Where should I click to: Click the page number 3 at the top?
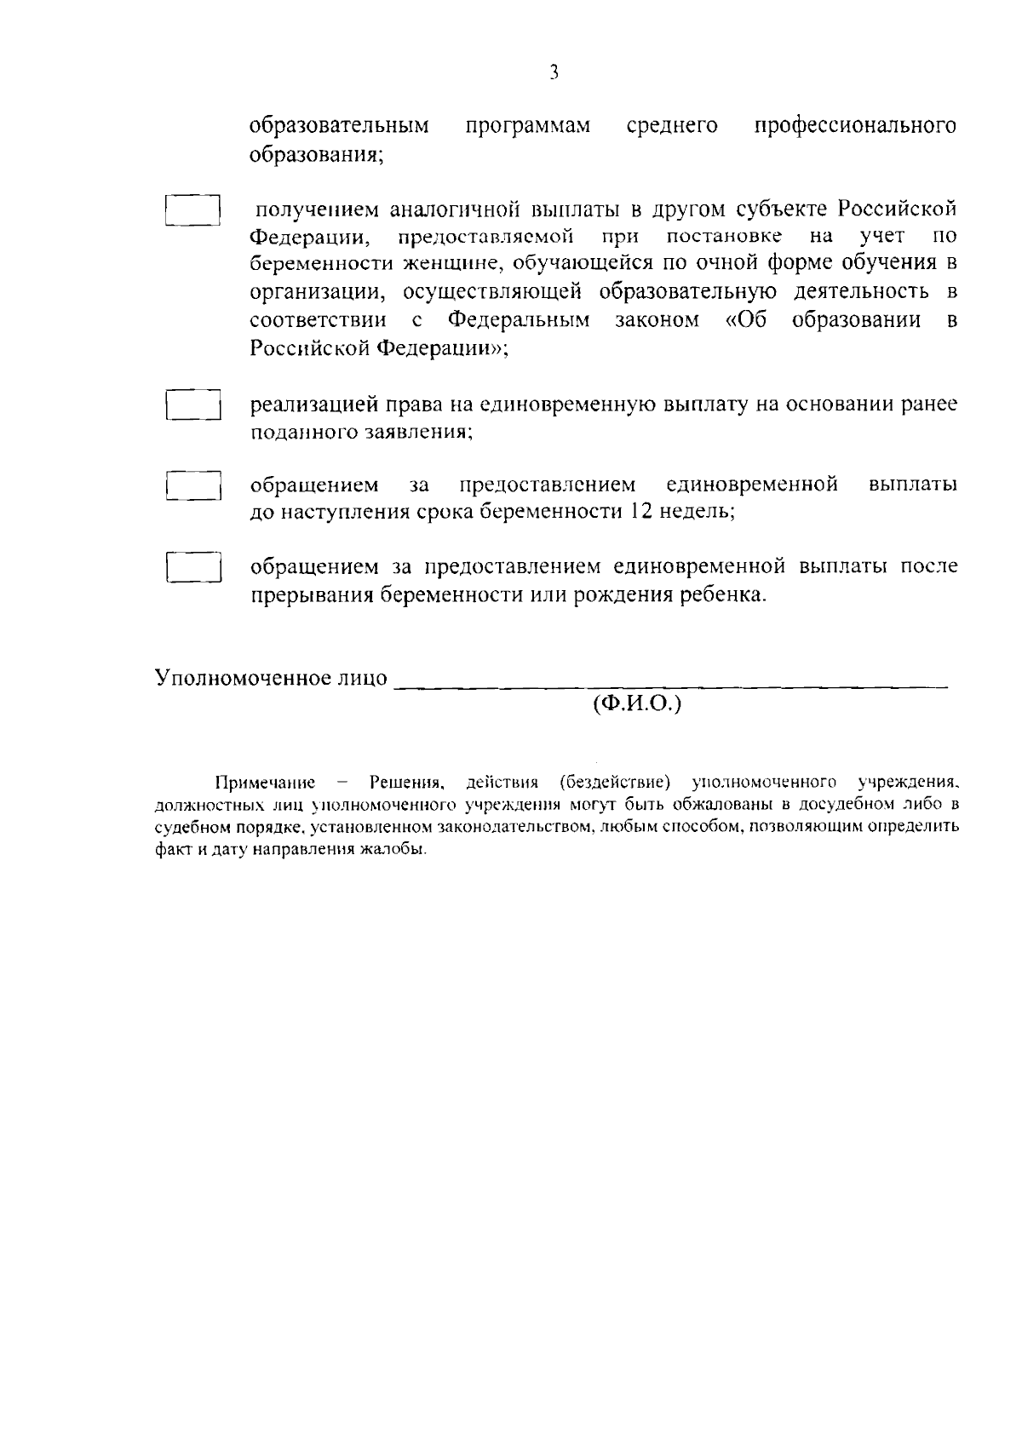coord(554,73)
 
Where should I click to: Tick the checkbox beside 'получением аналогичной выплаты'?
coord(193,210)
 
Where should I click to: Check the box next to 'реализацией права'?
coord(193,405)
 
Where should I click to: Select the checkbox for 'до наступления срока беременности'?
coord(193,485)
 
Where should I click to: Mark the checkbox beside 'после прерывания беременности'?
coord(193,566)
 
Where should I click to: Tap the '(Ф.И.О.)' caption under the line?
coord(637,705)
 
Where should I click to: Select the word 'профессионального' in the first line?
coord(855,127)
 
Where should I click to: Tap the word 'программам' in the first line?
coord(527,127)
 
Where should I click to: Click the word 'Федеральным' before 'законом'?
coord(518,321)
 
